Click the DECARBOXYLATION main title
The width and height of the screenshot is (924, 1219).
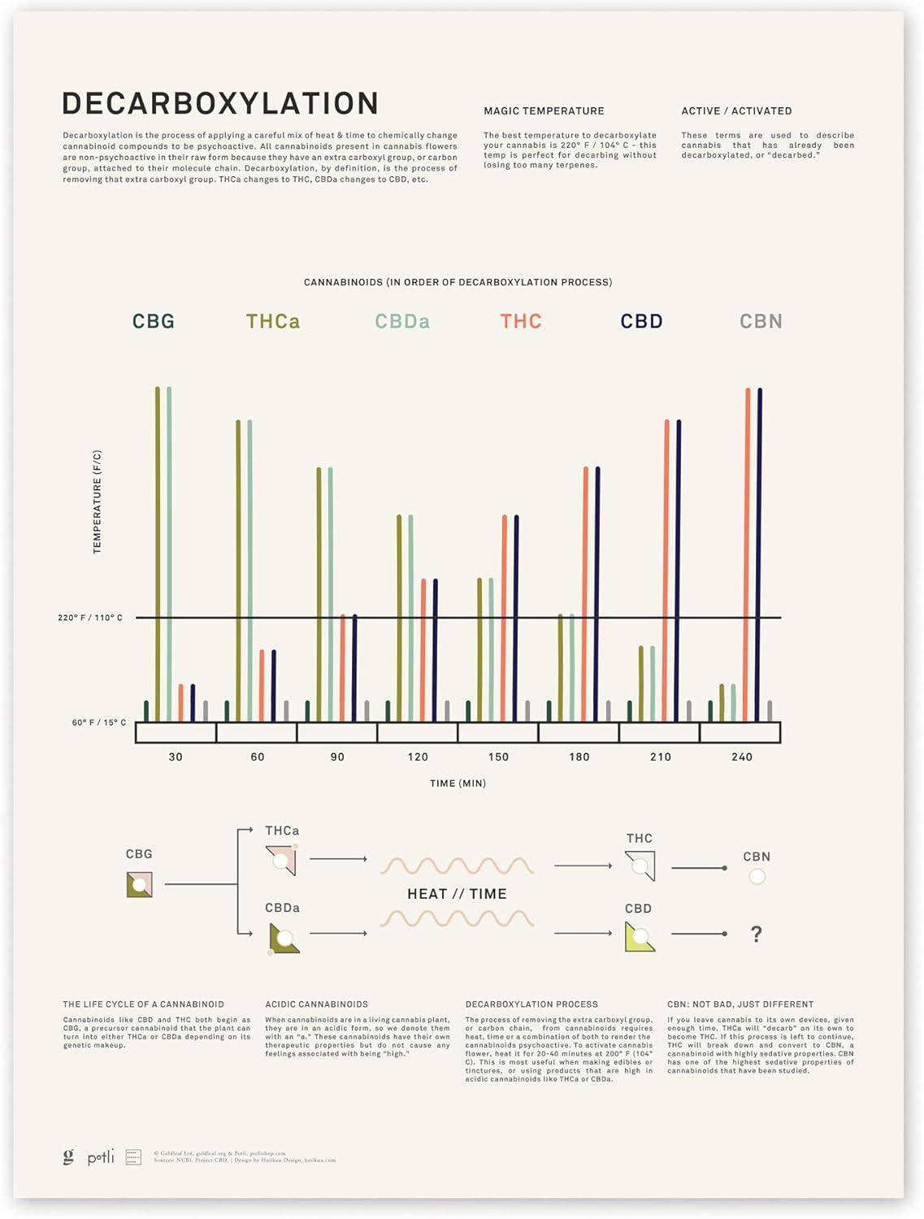coord(220,103)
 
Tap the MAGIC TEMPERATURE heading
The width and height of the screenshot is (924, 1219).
coord(544,111)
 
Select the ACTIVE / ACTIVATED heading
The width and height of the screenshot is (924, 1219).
coord(736,111)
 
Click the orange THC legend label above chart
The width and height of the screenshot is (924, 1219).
coord(521,321)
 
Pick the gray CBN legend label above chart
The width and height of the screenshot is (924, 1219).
coord(761,321)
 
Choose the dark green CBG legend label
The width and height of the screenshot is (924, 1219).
coord(154,321)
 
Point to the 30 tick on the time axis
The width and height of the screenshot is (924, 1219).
coord(176,757)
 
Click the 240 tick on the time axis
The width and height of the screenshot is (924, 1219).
coord(741,757)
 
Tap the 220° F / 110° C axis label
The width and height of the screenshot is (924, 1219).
coord(90,618)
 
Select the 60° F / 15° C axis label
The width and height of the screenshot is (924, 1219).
coord(99,722)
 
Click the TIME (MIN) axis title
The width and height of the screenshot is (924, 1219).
coord(458,783)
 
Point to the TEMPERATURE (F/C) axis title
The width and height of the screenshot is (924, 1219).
coord(98,502)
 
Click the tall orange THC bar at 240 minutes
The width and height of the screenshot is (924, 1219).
coord(748,553)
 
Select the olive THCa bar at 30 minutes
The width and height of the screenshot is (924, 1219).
coord(158,553)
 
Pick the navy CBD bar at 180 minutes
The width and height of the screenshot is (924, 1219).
coord(597,593)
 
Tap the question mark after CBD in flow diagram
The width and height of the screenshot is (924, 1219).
coord(757,934)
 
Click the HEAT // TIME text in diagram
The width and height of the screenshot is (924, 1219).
coord(457,894)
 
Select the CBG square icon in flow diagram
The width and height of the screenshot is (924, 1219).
coord(139,884)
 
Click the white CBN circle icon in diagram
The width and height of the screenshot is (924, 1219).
coord(757,876)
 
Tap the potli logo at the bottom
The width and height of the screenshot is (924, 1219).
coord(101,1156)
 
